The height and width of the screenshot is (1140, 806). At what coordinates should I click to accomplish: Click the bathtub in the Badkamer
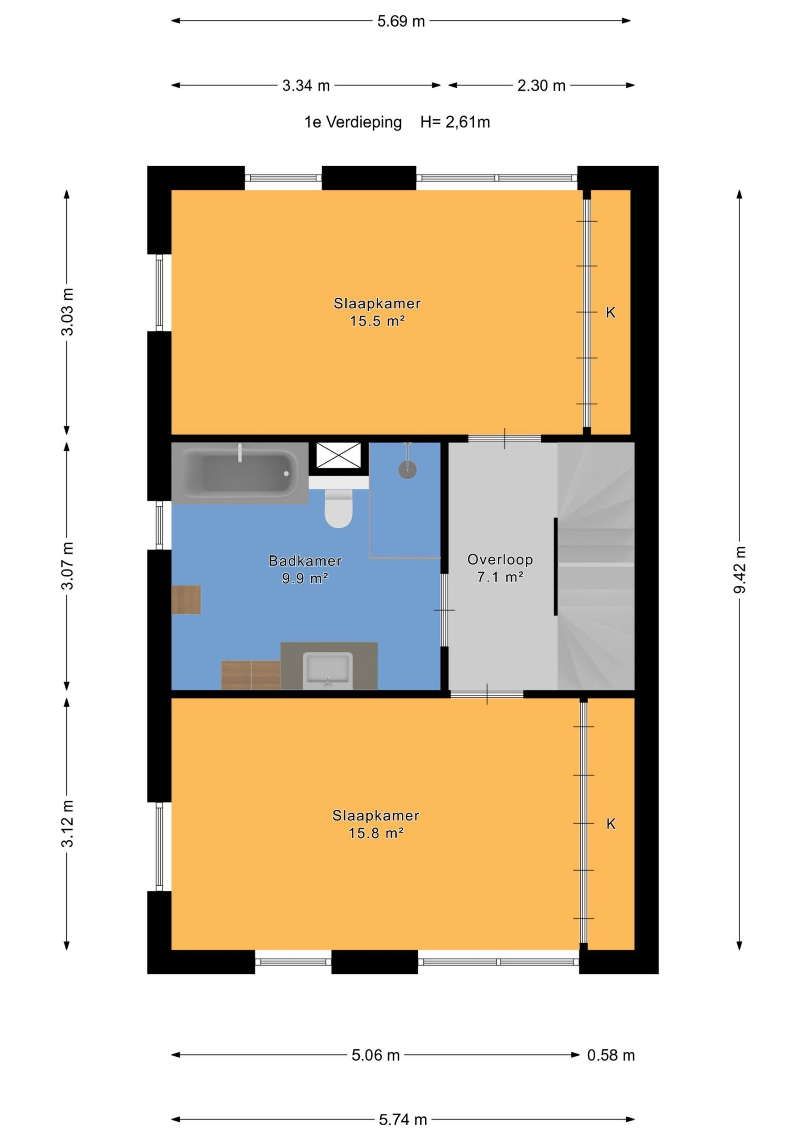(240, 473)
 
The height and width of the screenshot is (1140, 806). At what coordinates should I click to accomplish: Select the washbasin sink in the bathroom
(328, 671)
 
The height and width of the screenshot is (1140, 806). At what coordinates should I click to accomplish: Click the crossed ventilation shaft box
(339, 455)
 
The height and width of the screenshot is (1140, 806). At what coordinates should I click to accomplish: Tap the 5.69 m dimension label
(401, 21)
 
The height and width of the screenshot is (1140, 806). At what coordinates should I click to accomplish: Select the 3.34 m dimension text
(306, 86)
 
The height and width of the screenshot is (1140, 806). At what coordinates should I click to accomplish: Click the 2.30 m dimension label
(541, 86)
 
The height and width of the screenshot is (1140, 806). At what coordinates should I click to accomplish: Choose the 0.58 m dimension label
(611, 1055)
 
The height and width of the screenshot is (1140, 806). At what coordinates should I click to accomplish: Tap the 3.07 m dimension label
(67, 566)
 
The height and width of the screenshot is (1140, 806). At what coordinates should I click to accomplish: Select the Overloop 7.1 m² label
(500, 568)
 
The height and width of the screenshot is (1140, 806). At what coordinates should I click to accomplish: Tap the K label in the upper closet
(611, 312)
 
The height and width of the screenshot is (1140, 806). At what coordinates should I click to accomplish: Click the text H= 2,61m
(455, 122)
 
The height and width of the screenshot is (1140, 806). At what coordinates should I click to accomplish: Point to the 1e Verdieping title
(353, 122)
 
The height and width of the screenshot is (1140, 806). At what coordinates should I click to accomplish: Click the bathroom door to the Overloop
(444, 610)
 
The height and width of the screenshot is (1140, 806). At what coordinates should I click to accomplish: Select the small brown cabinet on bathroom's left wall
(186, 599)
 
